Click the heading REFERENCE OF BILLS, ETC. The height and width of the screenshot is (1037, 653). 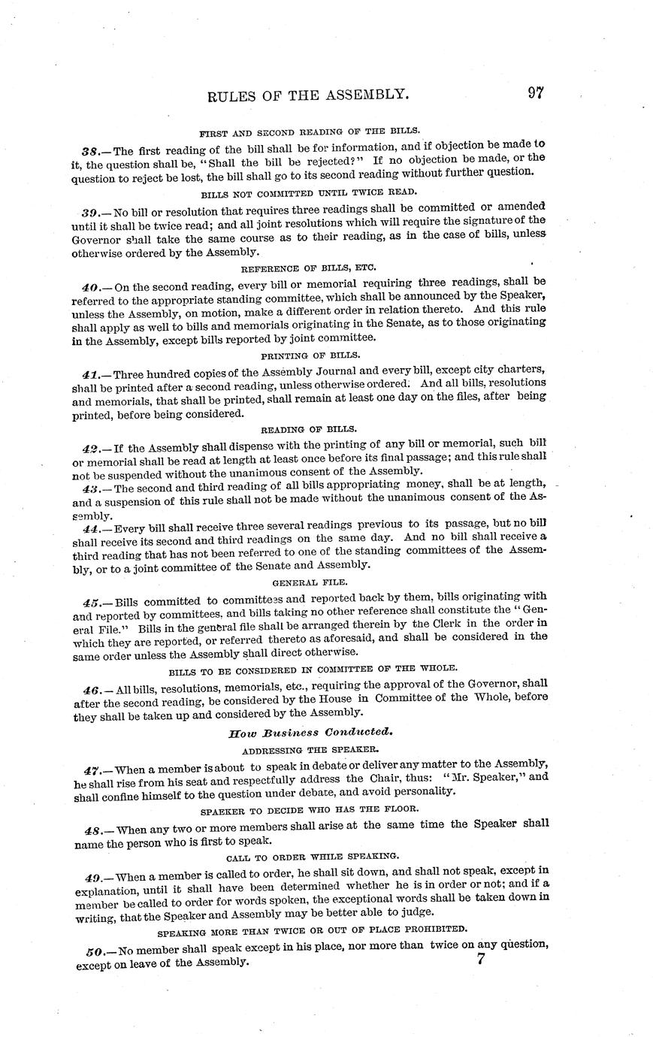click(x=308, y=268)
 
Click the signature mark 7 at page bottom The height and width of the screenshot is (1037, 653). click(x=482, y=959)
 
